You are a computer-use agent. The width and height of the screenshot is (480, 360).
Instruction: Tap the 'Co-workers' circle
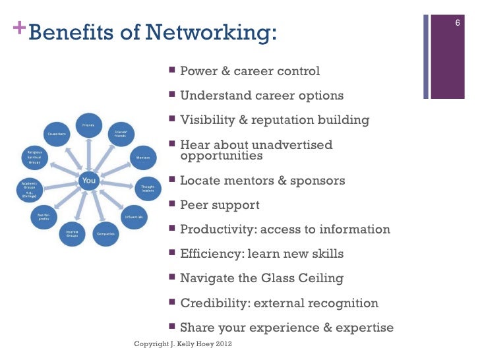pyautogui.click(x=57, y=134)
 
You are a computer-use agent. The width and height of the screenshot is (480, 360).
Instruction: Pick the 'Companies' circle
pyautogui.click(x=104, y=233)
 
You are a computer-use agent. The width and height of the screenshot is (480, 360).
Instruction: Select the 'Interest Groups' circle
pyautogui.click(x=71, y=233)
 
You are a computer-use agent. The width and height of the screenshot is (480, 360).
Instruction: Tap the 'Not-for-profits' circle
pyautogui.click(x=44, y=216)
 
